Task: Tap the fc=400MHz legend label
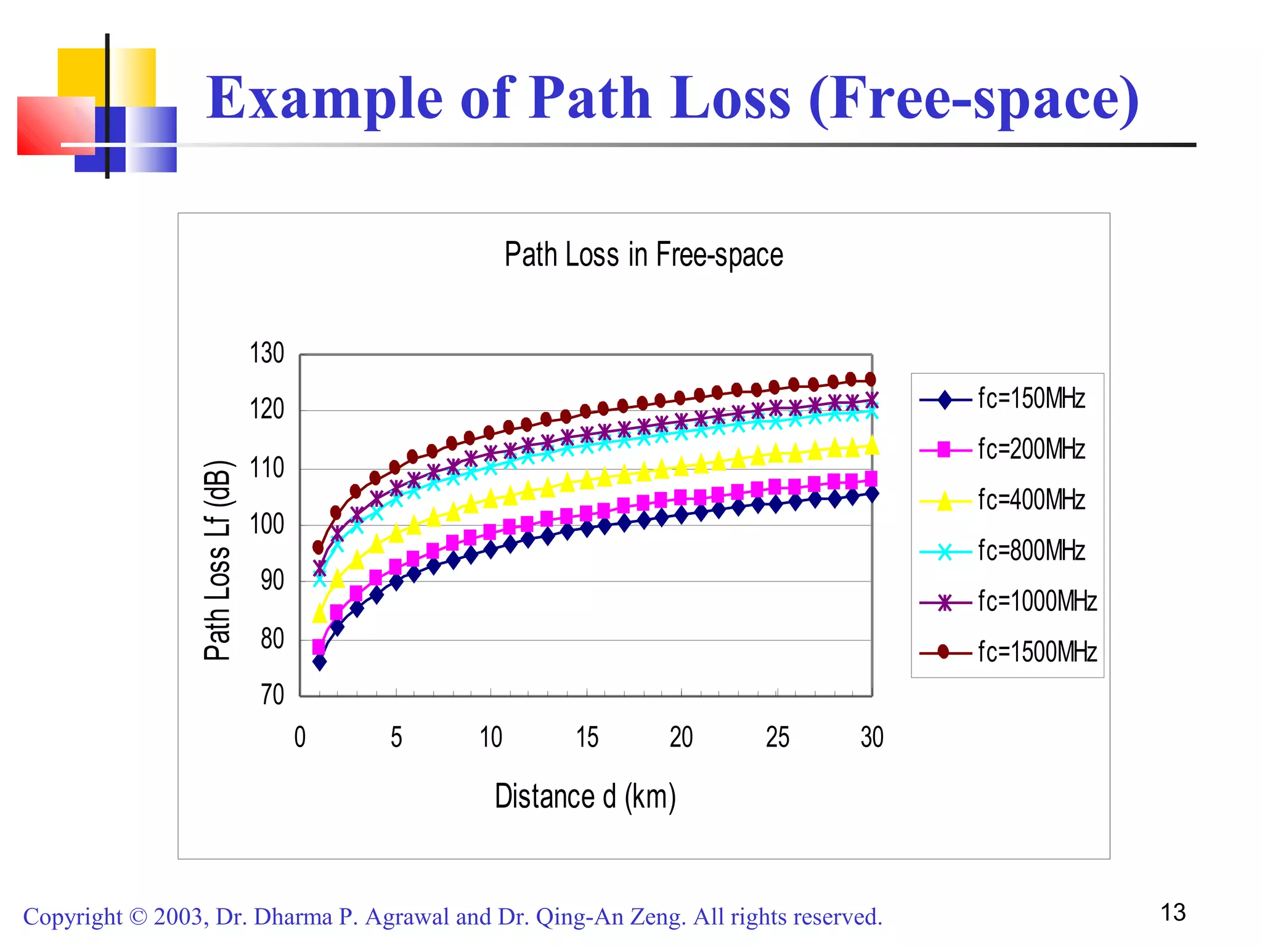point(1030,500)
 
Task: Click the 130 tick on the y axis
point(267,354)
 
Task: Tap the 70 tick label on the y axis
point(272,695)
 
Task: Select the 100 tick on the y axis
point(267,525)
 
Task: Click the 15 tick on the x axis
point(587,738)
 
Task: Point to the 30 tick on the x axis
point(872,738)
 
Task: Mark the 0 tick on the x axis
point(300,738)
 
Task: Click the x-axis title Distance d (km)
point(585,796)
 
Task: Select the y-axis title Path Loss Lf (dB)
point(218,560)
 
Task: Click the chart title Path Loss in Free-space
point(643,255)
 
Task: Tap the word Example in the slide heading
point(325,99)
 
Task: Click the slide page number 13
point(1173,913)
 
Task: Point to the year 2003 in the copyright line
point(177,917)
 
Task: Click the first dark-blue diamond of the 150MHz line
point(319,663)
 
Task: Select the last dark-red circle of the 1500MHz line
point(870,379)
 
